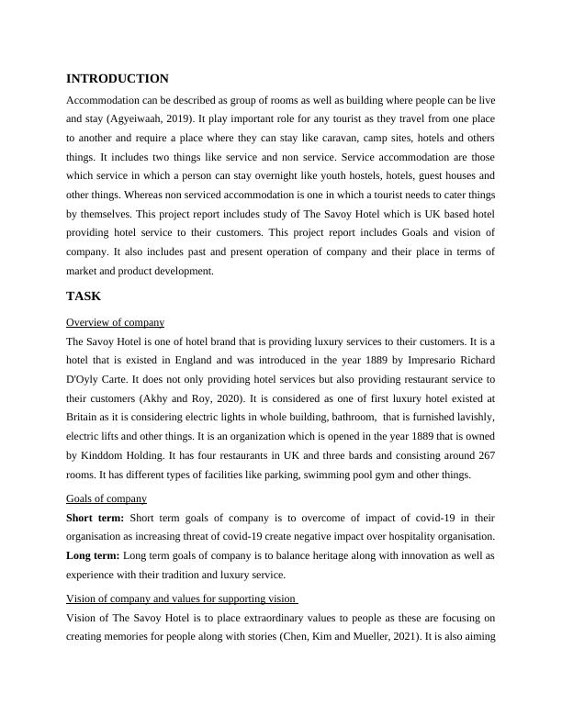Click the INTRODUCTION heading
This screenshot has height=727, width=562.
[118, 79]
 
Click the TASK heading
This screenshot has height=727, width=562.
[84, 296]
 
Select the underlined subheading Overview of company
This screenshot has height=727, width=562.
[116, 322]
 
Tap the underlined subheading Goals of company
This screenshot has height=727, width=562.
[107, 498]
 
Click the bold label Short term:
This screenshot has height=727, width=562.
[96, 517]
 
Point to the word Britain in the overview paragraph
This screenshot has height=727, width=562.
[85, 418]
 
